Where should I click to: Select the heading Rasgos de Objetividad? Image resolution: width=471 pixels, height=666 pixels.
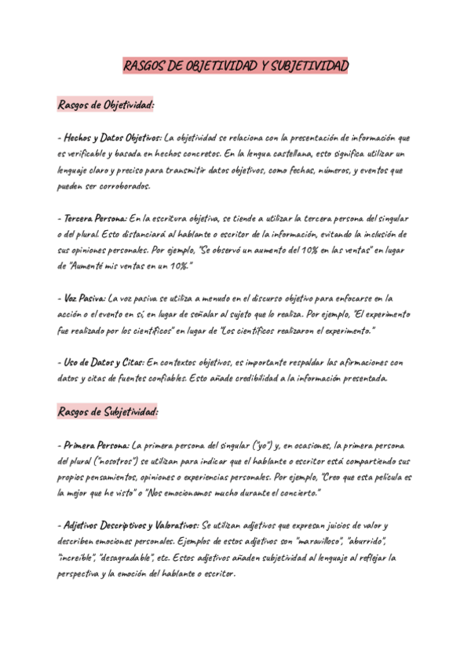pos(106,104)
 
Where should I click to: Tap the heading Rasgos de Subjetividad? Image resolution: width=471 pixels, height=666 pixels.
pos(108,412)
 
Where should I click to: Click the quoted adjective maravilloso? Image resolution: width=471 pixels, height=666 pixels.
pos(319,541)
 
